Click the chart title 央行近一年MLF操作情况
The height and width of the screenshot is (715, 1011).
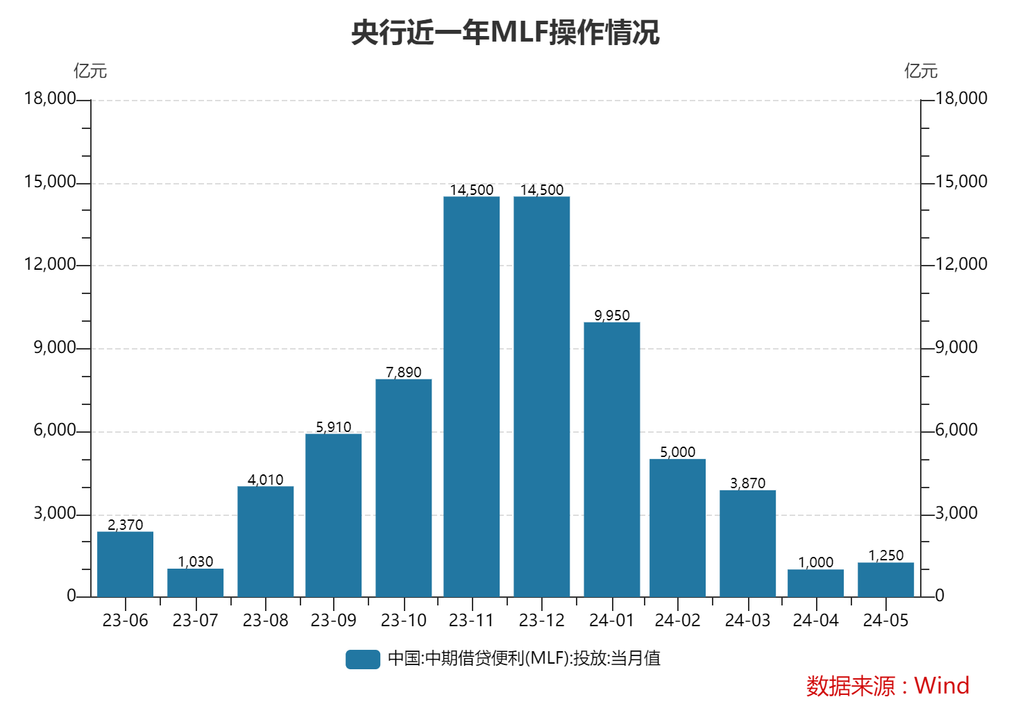pyautogui.click(x=504, y=33)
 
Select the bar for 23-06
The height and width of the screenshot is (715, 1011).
pyautogui.click(x=125, y=564)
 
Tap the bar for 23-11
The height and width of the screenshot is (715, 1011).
pyautogui.click(x=472, y=397)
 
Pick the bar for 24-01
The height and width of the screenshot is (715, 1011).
pyautogui.click(x=611, y=459)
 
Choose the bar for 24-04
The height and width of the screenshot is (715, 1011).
pyautogui.click(x=815, y=583)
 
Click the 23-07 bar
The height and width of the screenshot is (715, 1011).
pyautogui.click(x=195, y=583)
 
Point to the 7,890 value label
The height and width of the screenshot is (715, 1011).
pyautogui.click(x=404, y=372)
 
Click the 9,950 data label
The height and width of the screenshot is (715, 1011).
pyautogui.click(x=612, y=316)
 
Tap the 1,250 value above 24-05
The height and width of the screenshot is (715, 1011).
pyautogui.click(x=886, y=555)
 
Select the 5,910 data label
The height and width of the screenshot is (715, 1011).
pyautogui.click(x=334, y=427)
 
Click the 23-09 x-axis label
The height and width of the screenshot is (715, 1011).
pyautogui.click(x=333, y=621)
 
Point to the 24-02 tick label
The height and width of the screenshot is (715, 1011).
pyautogui.click(x=677, y=621)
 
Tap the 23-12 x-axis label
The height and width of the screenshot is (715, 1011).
pyautogui.click(x=541, y=621)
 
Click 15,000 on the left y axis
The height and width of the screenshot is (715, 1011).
pyautogui.click(x=49, y=182)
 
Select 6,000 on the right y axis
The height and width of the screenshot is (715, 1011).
pyautogui.click(x=956, y=430)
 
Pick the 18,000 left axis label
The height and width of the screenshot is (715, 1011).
pyautogui.click(x=49, y=98)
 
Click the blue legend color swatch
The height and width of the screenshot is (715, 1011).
pyautogui.click(x=363, y=659)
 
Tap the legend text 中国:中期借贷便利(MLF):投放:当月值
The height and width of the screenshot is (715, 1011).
pyautogui.click(x=524, y=658)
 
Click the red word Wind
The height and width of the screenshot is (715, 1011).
pyautogui.click(x=942, y=685)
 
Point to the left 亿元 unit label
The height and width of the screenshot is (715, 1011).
pyautogui.click(x=90, y=71)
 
